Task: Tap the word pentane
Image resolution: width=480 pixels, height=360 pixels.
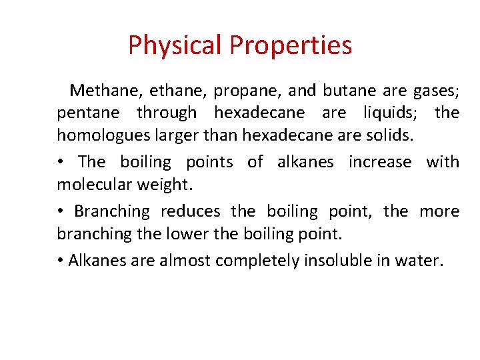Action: pyautogui.click(x=88, y=113)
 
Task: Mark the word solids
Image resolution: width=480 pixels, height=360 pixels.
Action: pyautogui.click(x=391, y=135)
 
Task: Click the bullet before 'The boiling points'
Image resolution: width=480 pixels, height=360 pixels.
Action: pyautogui.click(x=61, y=162)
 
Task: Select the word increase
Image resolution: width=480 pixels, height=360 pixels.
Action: pyautogui.click(x=379, y=162)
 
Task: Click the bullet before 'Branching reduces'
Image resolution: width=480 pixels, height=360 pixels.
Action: pyautogui.click(x=61, y=211)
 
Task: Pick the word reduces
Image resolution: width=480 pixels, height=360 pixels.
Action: pyautogui.click(x=190, y=211)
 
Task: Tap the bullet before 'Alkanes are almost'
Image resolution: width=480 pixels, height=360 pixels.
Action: pyautogui.click(x=61, y=261)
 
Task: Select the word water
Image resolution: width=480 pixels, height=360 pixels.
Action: pyautogui.click(x=419, y=261)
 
